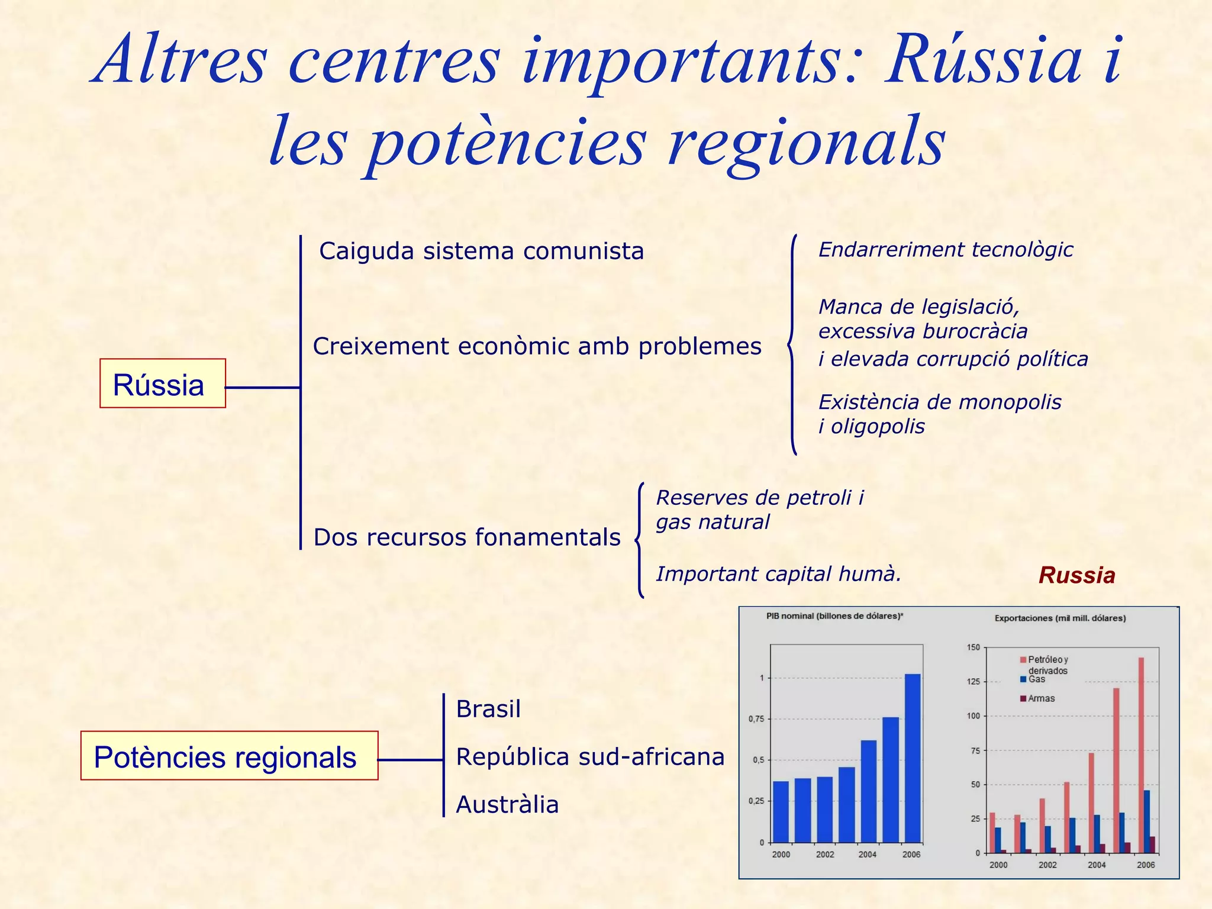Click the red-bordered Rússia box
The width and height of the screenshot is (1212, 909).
(x=162, y=383)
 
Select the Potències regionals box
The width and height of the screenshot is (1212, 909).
(x=229, y=756)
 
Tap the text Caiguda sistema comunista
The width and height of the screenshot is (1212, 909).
(x=481, y=251)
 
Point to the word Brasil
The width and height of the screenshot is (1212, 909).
(x=488, y=709)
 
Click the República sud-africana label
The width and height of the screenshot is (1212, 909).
(x=590, y=757)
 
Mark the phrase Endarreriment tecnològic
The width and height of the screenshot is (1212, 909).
(x=945, y=250)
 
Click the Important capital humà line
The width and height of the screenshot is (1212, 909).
(x=778, y=574)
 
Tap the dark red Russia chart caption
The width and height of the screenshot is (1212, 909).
(x=1076, y=575)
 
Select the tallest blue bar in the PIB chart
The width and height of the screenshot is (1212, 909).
(x=913, y=757)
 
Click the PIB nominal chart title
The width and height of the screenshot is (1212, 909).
(x=834, y=616)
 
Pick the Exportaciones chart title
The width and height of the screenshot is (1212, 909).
(x=1060, y=618)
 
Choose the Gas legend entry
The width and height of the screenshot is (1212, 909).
(x=1036, y=679)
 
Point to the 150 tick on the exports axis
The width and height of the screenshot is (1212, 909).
(x=974, y=647)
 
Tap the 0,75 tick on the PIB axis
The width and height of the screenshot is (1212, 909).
(x=756, y=719)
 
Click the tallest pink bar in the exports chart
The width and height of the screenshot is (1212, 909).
(x=1141, y=755)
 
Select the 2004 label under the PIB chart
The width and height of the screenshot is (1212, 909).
(x=868, y=855)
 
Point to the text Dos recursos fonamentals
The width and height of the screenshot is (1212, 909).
(x=467, y=537)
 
